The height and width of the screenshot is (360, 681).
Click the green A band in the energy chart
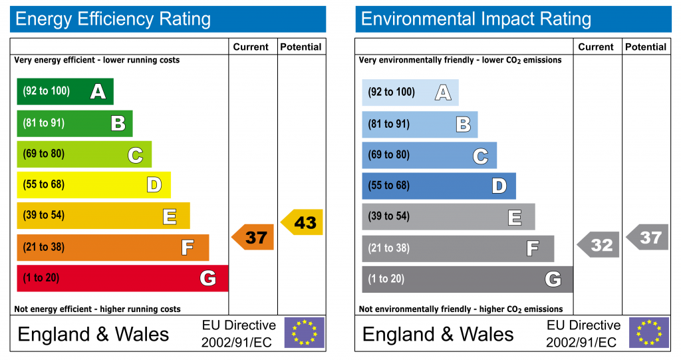click(65, 92)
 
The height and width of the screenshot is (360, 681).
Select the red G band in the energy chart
click(122, 278)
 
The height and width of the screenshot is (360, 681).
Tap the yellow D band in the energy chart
click(93, 185)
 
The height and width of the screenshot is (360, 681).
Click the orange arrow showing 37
click(253, 237)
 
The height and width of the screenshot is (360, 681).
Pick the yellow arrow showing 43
click(303, 222)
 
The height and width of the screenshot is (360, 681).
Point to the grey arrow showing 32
click(599, 245)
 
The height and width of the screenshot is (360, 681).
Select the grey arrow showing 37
click(648, 237)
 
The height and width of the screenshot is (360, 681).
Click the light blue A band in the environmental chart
click(410, 92)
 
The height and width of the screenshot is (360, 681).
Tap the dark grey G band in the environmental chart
click(467, 279)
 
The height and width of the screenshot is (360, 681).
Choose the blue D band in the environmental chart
click(438, 186)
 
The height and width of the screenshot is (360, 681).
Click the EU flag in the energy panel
click(305, 333)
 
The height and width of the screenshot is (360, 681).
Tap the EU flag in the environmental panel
click(649, 333)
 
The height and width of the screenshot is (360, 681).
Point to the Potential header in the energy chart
click(301, 47)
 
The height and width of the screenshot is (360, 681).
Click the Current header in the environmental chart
click(596, 47)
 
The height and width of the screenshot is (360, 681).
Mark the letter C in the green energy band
click(135, 156)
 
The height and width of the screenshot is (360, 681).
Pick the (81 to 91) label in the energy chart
click(44, 122)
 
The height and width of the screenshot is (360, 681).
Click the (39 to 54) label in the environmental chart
click(389, 216)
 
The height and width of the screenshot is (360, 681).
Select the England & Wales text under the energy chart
click(94, 334)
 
